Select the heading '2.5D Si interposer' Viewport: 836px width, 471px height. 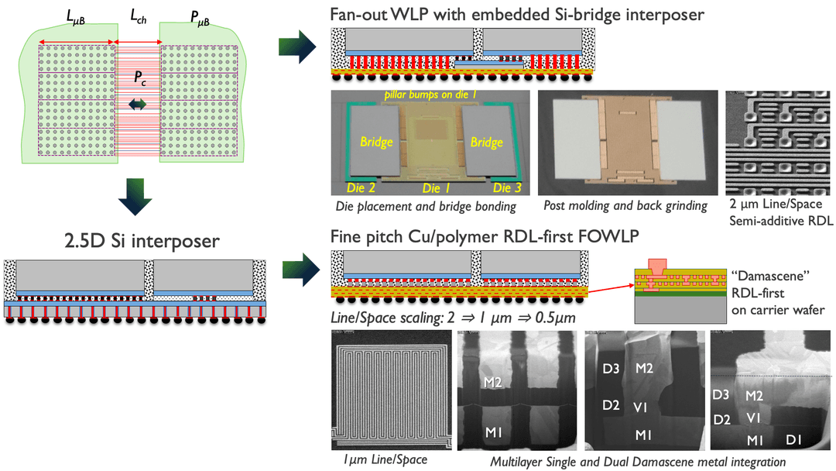click(136, 241)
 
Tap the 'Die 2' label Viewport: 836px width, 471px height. click(360, 188)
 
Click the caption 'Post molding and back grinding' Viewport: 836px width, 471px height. click(625, 205)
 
